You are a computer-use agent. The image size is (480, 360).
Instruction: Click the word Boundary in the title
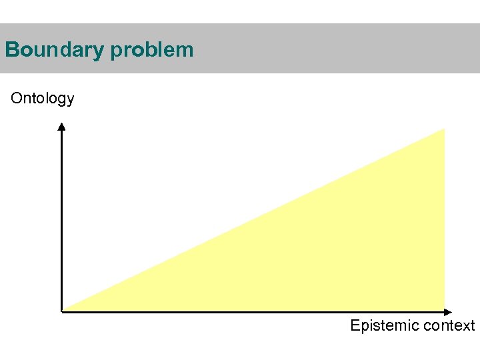point(53,50)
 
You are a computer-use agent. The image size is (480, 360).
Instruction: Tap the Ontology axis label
point(43,99)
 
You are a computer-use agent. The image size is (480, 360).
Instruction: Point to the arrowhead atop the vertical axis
point(61,127)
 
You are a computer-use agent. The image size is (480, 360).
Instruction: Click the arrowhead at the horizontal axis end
point(449,311)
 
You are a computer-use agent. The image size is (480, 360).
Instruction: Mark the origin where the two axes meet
point(62,311)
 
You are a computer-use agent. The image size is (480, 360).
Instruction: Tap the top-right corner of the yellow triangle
point(443,130)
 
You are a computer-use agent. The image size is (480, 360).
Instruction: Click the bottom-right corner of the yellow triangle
point(443,309)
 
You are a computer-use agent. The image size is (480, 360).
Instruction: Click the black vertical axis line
point(61,220)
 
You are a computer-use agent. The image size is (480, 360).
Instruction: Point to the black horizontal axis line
point(253,311)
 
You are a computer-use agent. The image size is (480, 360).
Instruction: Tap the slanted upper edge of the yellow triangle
point(253,219)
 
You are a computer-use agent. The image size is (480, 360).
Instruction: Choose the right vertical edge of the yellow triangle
point(444,220)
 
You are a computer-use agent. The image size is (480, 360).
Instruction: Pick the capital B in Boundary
point(11,50)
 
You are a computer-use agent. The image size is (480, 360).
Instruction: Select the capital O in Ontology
point(17,99)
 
